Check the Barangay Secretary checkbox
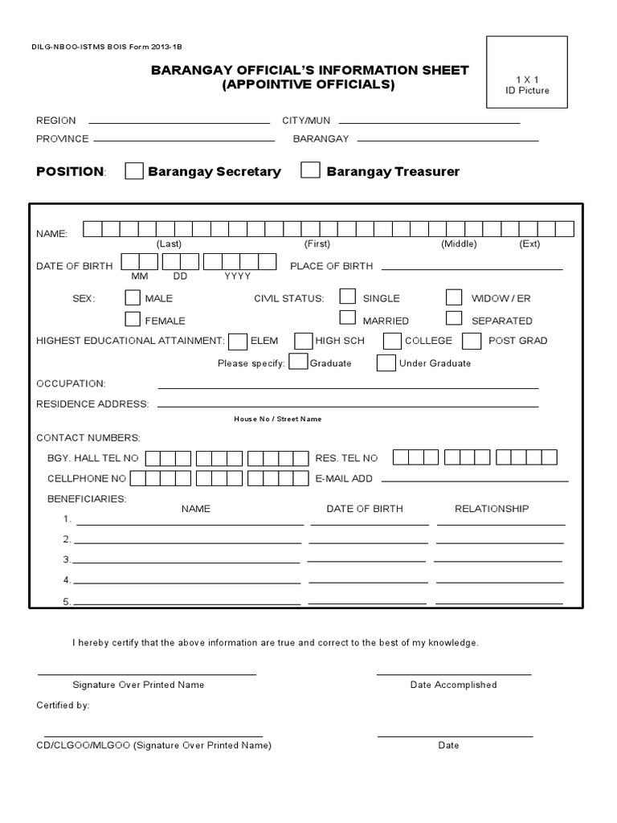pos(135,171)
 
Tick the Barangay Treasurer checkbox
pos(311,170)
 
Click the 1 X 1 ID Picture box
pos(527,72)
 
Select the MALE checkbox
pos(133,297)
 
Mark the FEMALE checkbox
pos(133,319)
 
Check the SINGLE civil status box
pos(347,297)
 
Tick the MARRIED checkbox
pos(347,318)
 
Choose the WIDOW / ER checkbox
pos(455,297)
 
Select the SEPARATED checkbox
pos(455,318)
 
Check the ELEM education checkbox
pos(238,342)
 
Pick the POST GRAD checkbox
pos(474,341)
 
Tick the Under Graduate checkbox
pos(386,363)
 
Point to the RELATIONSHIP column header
pos(492,509)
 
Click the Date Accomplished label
pos(453,685)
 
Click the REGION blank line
pos(178,123)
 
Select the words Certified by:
pos(63,705)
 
